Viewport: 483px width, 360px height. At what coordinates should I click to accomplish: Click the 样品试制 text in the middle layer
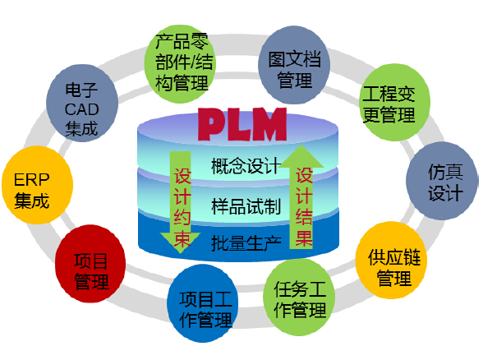[x=245, y=205]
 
